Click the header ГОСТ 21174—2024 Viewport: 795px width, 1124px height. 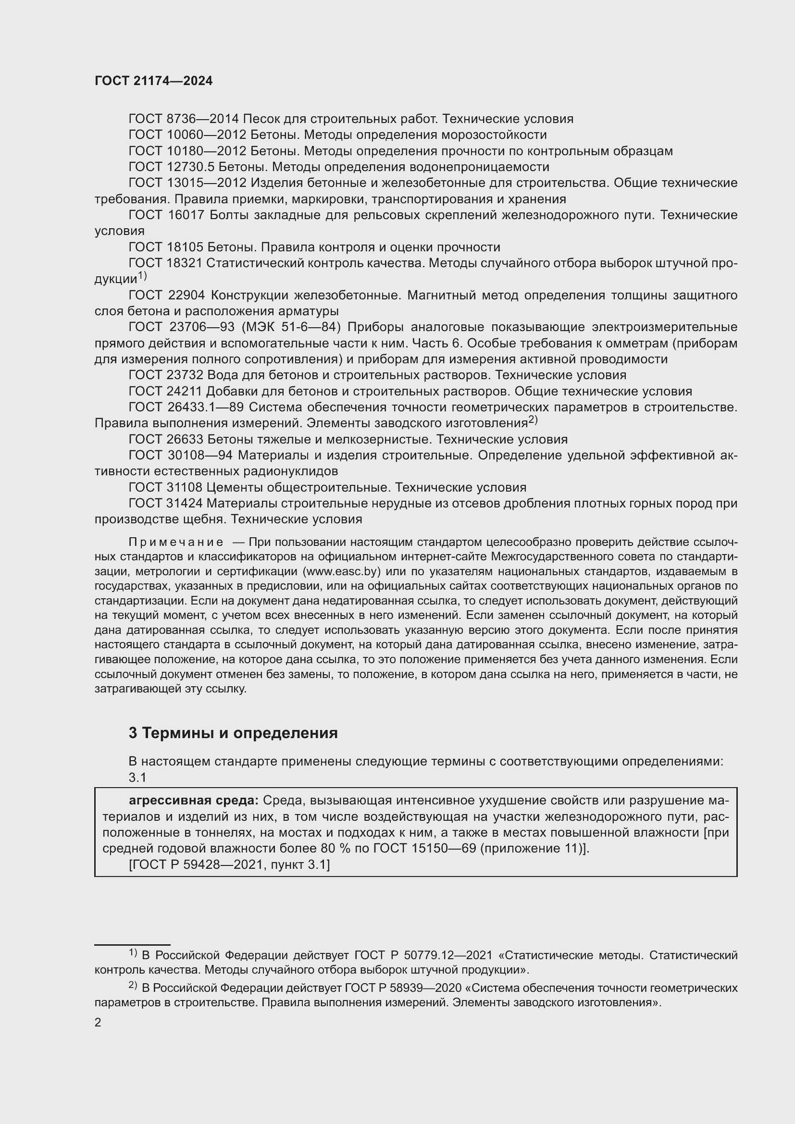point(153,81)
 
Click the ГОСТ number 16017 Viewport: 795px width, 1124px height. point(186,215)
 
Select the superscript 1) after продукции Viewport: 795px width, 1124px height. point(142,276)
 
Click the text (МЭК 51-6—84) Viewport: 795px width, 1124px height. point(290,327)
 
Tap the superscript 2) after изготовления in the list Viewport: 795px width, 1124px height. point(533,420)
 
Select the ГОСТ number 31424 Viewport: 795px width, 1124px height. point(186,503)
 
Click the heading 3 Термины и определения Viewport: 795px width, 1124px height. point(233,733)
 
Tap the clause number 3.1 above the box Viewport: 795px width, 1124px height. point(137,778)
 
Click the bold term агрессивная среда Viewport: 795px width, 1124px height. point(193,801)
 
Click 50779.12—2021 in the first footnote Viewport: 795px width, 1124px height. point(447,955)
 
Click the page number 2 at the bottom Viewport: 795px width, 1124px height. point(98,1023)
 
